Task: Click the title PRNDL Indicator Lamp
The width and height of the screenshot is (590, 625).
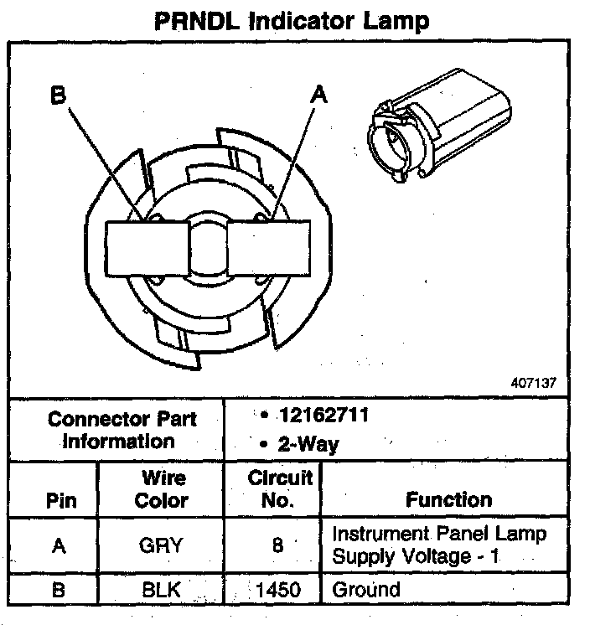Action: tap(292, 20)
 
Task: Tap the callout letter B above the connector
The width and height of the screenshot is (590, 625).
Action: tap(58, 96)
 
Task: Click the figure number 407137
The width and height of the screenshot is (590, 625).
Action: tap(533, 383)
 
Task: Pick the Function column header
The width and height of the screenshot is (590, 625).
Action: tap(448, 500)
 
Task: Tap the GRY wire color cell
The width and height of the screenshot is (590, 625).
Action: tap(162, 545)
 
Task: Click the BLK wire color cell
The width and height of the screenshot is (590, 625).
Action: tap(162, 590)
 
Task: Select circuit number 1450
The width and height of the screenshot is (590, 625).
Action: tap(277, 590)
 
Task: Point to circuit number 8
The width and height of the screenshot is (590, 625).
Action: tap(277, 545)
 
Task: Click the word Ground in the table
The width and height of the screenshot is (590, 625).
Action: tap(366, 590)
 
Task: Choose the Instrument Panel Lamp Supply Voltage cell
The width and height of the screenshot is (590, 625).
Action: tap(439, 545)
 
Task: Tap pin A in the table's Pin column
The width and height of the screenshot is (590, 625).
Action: tap(58, 545)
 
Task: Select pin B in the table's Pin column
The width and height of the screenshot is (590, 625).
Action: tap(58, 590)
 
